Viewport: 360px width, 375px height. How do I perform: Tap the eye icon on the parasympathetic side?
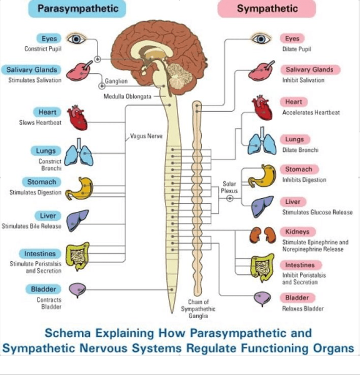[x=77, y=39]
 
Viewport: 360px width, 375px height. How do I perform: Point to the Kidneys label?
[x=297, y=232]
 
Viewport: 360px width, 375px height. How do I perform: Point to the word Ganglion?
[x=116, y=81]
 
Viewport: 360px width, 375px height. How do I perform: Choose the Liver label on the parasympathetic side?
[x=48, y=216]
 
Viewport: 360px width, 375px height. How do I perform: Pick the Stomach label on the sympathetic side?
[x=298, y=169]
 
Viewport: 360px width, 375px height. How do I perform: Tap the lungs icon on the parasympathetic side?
[x=79, y=151]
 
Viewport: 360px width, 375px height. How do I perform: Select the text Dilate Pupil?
[x=297, y=49]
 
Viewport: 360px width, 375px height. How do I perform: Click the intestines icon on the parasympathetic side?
[x=78, y=256]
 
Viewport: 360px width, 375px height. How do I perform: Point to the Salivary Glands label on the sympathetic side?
[x=309, y=70]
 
